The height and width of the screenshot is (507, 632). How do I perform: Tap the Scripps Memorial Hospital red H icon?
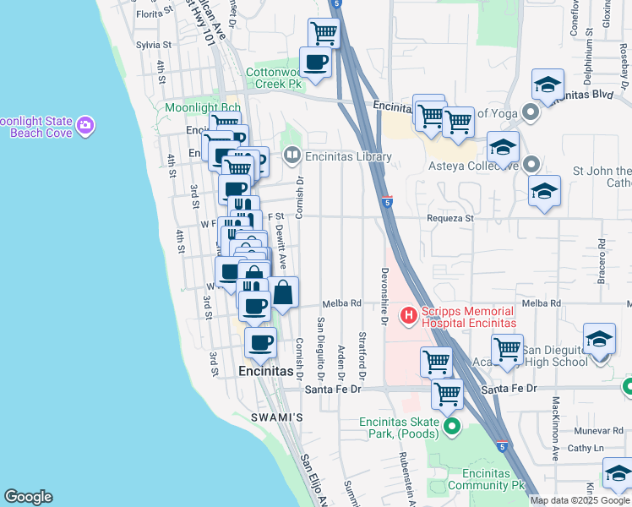click(x=409, y=316)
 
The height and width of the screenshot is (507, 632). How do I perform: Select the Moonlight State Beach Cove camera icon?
click(x=84, y=127)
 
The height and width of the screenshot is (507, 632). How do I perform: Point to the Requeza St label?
click(x=453, y=217)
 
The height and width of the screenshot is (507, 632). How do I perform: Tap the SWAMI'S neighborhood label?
click(x=276, y=417)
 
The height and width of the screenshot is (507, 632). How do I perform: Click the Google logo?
click(x=28, y=497)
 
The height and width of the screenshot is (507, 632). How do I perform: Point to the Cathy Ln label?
click(x=586, y=448)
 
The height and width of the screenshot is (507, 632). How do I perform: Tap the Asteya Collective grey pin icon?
click(x=531, y=164)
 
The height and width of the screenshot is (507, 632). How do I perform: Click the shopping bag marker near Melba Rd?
click(x=284, y=293)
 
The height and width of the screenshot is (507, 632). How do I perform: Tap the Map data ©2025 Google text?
click(x=580, y=500)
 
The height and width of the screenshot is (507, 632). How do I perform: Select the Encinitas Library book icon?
click(x=291, y=155)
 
